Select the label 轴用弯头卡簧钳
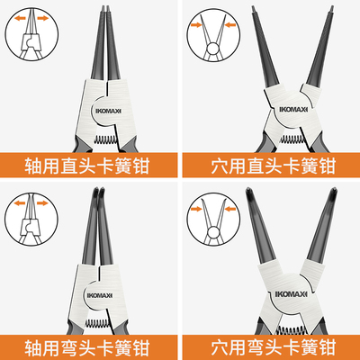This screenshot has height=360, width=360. (90, 344)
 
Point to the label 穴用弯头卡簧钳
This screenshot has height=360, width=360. (271, 344)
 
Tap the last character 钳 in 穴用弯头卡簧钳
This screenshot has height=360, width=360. (337, 344)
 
